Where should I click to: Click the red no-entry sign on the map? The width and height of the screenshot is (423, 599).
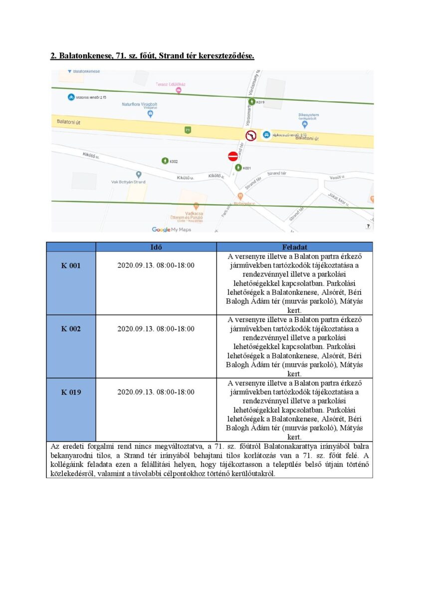coord(233,156)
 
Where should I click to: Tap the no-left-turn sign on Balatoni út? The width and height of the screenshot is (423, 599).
coord(251,135)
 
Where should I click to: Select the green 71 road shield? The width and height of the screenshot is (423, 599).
coord(187,130)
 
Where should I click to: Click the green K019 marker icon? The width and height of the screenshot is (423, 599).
coord(252,102)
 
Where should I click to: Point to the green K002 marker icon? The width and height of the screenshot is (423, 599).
coord(165,161)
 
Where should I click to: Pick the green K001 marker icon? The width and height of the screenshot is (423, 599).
coord(238,168)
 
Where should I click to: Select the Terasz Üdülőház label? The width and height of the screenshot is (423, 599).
coord(171,84)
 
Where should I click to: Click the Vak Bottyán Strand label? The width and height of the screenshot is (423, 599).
coord(128,182)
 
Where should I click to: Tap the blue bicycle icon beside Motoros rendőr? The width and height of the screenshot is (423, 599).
coord(71,97)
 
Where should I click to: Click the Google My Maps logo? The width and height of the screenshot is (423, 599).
coord(171,229)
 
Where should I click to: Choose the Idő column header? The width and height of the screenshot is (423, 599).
coord(156,247)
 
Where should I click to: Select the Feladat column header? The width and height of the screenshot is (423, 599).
coord(294,247)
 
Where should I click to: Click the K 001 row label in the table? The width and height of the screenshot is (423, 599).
coord(71,266)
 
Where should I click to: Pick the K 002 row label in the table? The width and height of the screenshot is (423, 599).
coord(71,329)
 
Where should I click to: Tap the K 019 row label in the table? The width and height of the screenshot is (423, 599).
coord(71,392)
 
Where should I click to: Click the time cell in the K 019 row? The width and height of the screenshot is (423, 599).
coord(156,392)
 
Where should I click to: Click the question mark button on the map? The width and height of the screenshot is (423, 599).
coord(368,226)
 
